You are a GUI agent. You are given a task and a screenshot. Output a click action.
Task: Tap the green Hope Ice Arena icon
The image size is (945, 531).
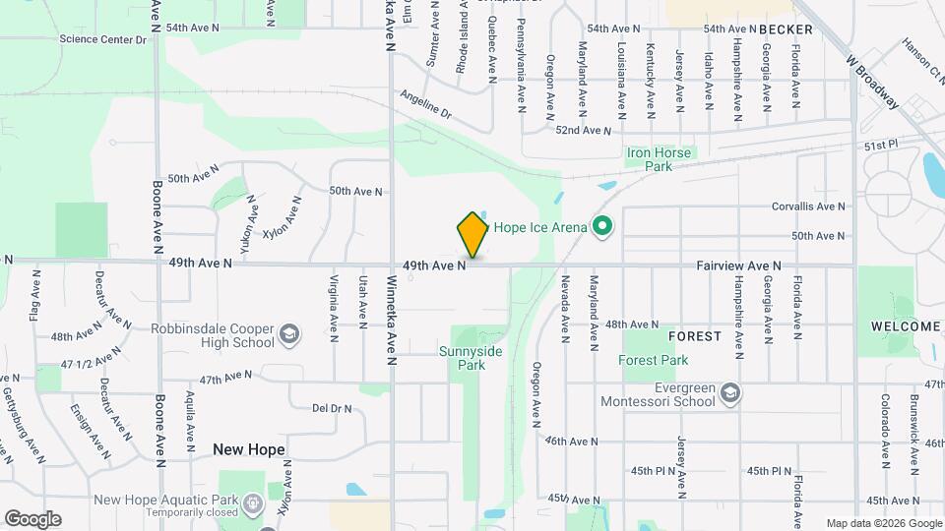coord(602,227)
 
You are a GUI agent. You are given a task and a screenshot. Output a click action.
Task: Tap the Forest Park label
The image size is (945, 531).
coord(654,361)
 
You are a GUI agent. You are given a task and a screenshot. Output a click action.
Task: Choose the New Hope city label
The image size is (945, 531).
coord(249,449)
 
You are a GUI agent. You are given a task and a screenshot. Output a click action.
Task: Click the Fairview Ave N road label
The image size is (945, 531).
coord(738,265)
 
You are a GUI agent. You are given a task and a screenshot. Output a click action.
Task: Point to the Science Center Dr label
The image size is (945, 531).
coord(102,39)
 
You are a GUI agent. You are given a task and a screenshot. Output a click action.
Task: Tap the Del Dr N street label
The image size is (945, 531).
coord(331,407)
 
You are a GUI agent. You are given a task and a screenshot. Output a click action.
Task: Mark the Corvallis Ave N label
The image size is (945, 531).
coord(808,206)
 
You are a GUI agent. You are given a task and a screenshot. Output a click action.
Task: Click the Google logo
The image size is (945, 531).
coord(32,519)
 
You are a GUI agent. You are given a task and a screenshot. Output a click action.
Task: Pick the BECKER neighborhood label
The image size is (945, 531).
coord(787,29)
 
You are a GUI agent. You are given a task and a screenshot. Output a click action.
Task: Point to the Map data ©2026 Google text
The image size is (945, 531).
coord(881,523)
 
